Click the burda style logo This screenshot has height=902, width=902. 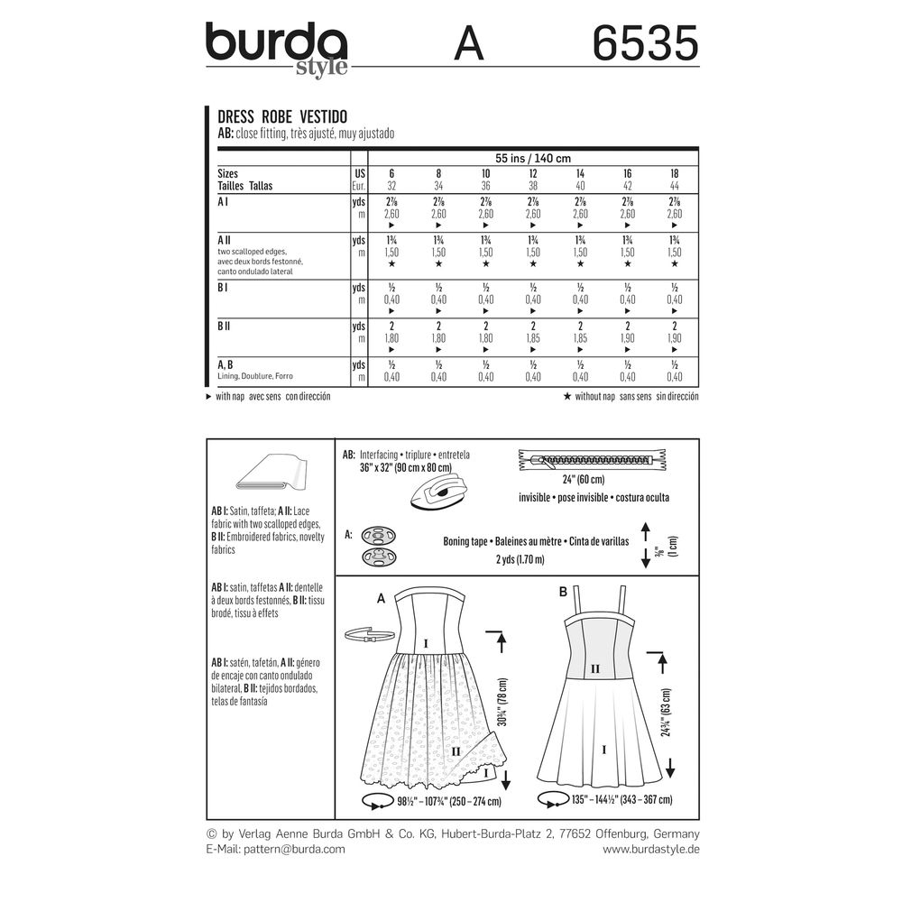click(277, 49)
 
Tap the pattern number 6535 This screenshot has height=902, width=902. click(646, 43)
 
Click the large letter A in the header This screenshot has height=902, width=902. click(468, 43)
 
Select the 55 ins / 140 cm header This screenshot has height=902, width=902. click(533, 158)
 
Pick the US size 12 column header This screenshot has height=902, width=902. click(533, 173)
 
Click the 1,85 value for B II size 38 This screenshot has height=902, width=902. click(533, 338)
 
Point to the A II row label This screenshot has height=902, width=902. click(224, 240)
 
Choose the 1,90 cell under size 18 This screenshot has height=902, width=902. click(675, 338)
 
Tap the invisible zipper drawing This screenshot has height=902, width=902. click(592, 460)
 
